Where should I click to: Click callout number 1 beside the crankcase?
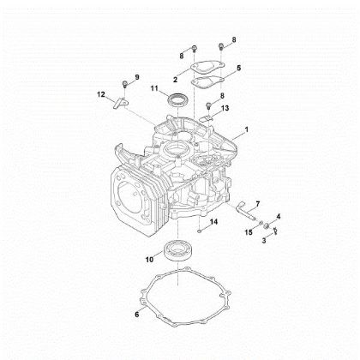247,129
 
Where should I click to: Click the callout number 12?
101,93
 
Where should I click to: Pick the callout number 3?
263,242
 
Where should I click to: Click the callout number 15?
249,232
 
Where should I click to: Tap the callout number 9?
135,78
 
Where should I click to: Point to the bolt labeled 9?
125,83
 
